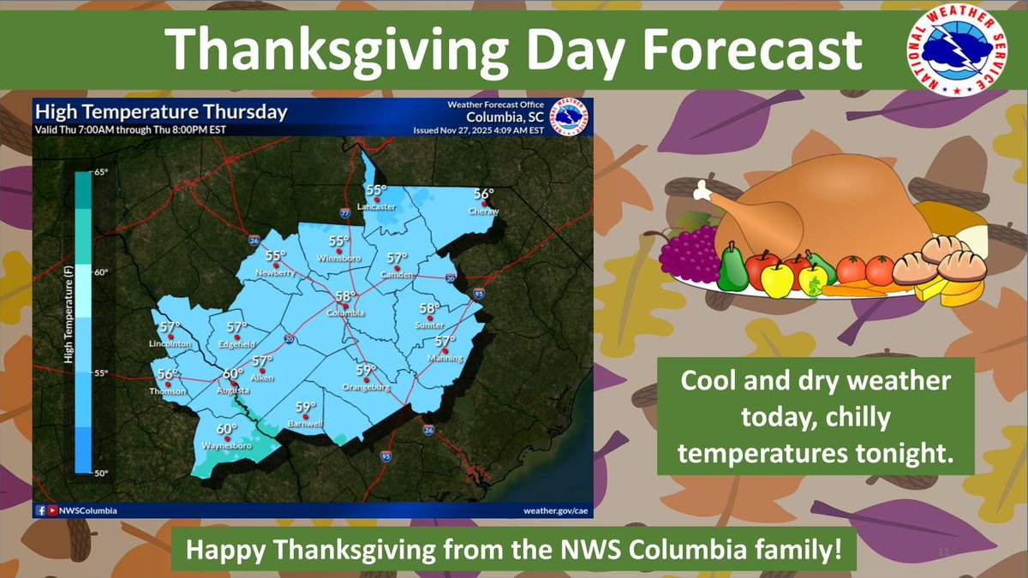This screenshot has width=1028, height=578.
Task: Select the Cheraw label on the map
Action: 483,212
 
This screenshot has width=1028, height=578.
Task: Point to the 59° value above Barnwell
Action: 306,408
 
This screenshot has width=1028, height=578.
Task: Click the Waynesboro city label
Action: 225,446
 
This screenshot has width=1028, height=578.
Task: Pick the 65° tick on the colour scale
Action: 101,172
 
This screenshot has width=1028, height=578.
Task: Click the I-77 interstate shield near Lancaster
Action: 344,212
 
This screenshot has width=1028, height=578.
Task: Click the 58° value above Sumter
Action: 429,308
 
